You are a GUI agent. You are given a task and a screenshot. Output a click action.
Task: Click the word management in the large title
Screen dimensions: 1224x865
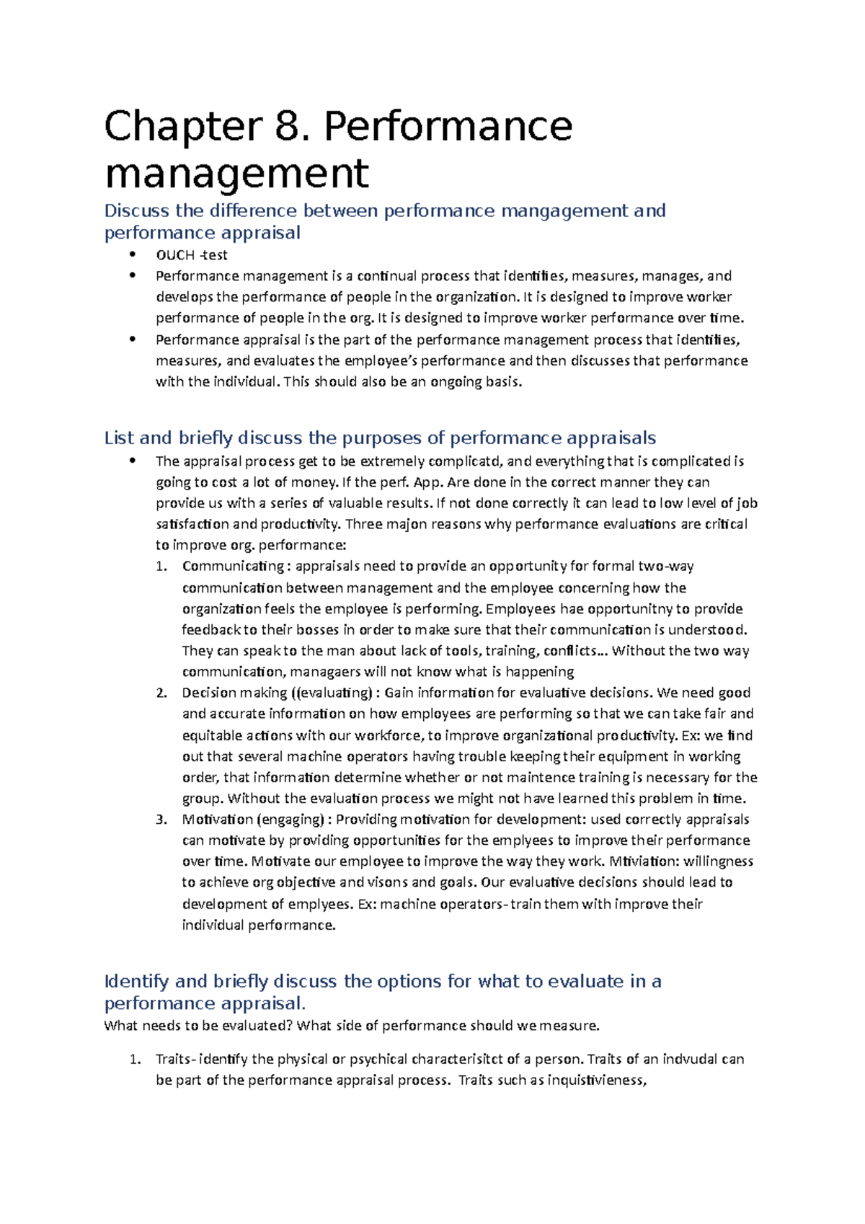[236, 174]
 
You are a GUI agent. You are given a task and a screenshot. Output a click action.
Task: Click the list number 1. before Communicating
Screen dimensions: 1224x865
[161, 567]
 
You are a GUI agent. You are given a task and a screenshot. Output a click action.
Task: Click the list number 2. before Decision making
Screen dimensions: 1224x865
[161, 693]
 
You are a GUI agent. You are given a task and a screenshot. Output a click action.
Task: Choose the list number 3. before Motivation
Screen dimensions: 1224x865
[161, 820]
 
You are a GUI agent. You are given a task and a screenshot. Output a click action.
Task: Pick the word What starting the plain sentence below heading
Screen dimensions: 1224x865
[120, 1026]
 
